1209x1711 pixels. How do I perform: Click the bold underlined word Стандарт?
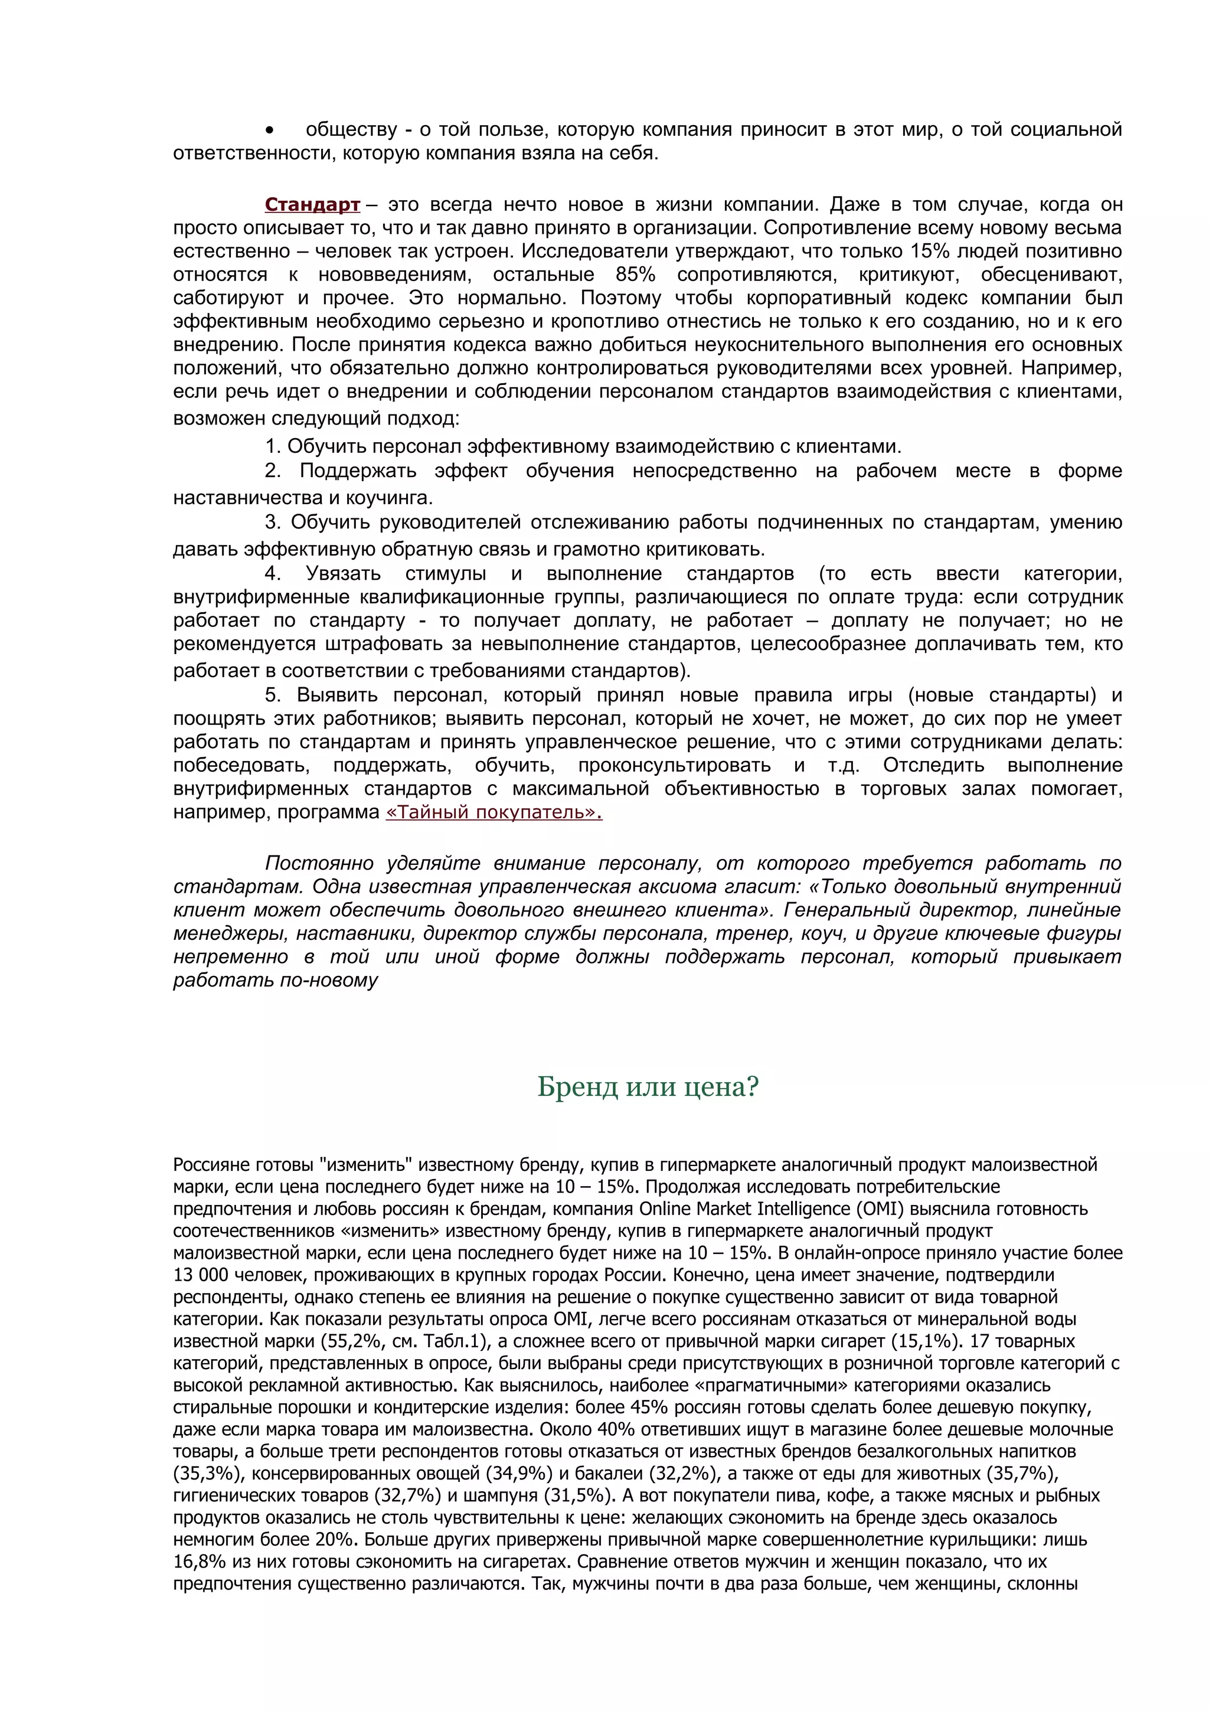tap(312, 205)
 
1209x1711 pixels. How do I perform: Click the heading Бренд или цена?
tap(648, 1088)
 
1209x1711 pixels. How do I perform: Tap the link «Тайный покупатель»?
tap(493, 812)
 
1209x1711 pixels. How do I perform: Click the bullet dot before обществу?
tap(270, 130)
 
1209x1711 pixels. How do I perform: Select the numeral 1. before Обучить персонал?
tap(273, 447)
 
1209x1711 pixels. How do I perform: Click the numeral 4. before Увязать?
tap(273, 574)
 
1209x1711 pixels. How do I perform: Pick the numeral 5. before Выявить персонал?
tap(273, 695)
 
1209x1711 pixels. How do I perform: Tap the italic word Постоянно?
tap(319, 864)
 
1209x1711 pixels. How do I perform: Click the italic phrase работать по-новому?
tap(276, 981)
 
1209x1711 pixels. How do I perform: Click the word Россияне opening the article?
tap(211, 1164)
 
